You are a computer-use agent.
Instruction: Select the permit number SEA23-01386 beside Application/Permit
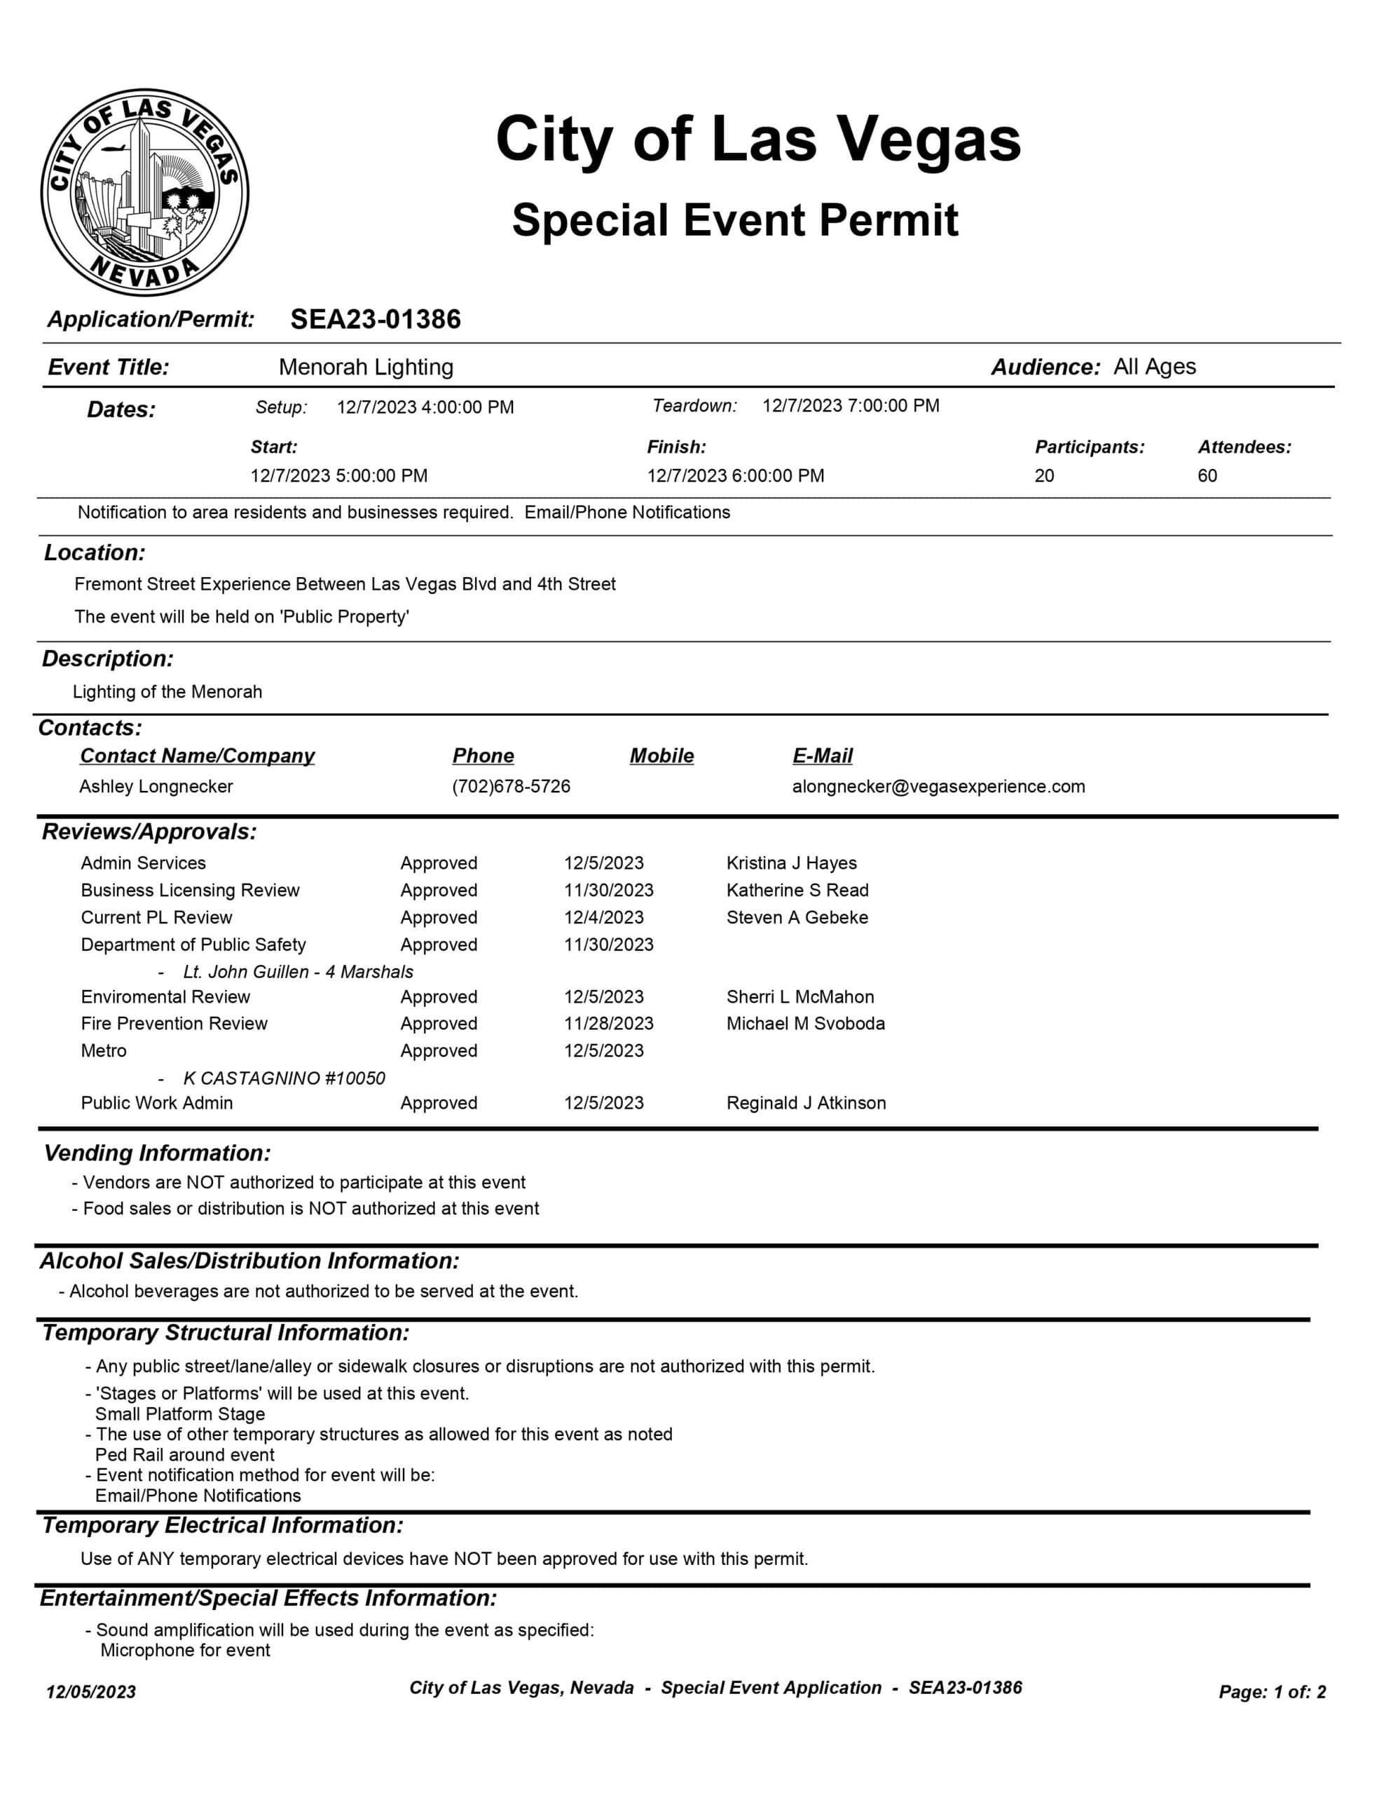376,319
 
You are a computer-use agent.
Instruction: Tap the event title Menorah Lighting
366,367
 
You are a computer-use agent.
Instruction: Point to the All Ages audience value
1154,367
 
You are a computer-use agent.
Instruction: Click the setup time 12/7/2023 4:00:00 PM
425,407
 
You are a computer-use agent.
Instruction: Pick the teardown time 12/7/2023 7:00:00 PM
851,405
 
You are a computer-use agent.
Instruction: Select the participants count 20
1043,476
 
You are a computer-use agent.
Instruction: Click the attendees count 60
1207,476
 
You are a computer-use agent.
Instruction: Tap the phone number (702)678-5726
511,787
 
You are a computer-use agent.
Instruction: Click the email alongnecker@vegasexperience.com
938,787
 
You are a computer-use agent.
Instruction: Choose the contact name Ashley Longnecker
156,787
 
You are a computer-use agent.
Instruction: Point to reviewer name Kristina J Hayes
791,863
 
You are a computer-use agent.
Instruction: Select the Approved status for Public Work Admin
439,1103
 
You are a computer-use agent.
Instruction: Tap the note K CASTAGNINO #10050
284,1078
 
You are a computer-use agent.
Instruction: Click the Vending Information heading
157,1153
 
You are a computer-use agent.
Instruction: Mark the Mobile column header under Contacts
661,755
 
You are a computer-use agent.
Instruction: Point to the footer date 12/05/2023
91,1691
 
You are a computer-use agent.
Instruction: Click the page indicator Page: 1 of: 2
1272,1691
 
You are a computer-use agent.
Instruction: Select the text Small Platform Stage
180,1414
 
